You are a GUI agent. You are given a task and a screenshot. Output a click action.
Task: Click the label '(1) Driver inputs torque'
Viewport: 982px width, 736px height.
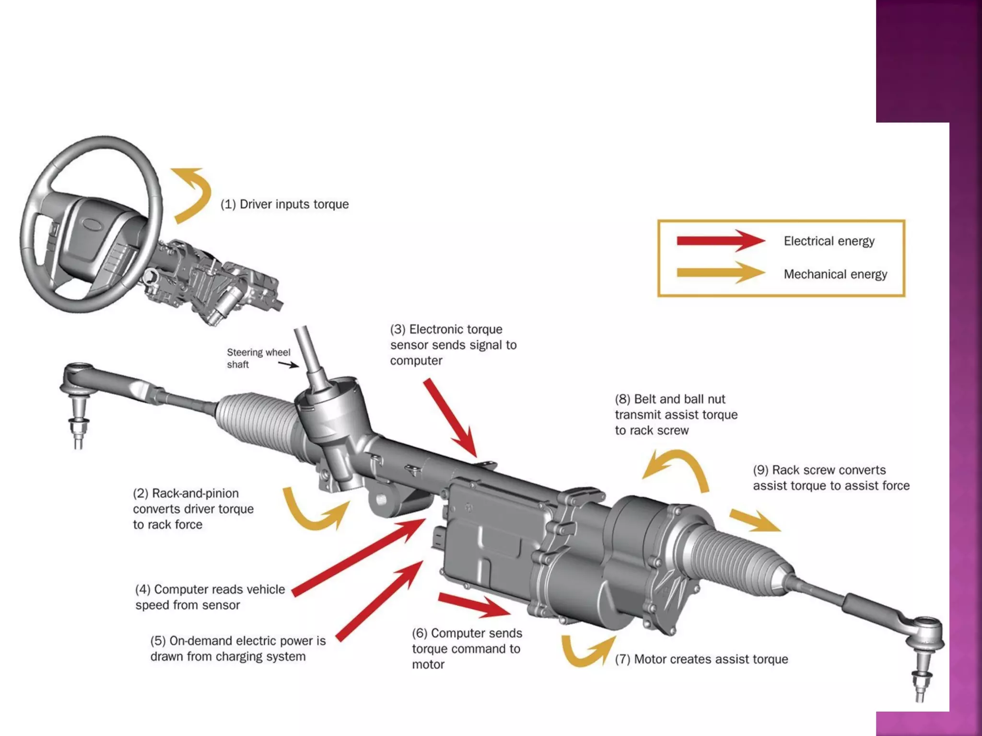pyautogui.click(x=284, y=204)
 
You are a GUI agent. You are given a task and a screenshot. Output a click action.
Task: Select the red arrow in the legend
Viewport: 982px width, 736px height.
pyautogui.click(x=719, y=241)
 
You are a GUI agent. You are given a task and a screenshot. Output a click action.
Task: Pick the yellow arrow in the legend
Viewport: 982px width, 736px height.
pyautogui.click(x=719, y=273)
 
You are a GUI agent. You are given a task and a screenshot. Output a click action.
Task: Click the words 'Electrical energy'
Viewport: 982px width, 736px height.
pyautogui.click(x=829, y=241)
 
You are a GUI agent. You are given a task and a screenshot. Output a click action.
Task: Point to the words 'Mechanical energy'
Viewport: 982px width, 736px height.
pyautogui.click(x=835, y=274)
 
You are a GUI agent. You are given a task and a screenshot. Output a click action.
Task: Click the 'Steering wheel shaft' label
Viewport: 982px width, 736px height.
pyautogui.click(x=258, y=358)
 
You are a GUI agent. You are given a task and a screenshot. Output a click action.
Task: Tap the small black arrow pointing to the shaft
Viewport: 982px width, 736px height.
pyautogui.click(x=289, y=365)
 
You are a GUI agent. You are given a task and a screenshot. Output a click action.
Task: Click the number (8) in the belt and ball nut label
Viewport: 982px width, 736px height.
pyautogui.click(x=622, y=399)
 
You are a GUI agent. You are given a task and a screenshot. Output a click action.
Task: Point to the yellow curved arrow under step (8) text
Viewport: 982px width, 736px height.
pyautogui.click(x=681, y=467)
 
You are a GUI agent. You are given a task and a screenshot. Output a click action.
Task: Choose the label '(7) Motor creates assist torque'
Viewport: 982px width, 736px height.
pyautogui.click(x=701, y=659)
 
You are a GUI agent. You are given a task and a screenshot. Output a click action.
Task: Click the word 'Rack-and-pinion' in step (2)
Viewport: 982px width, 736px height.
pyautogui.click(x=195, y=494)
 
